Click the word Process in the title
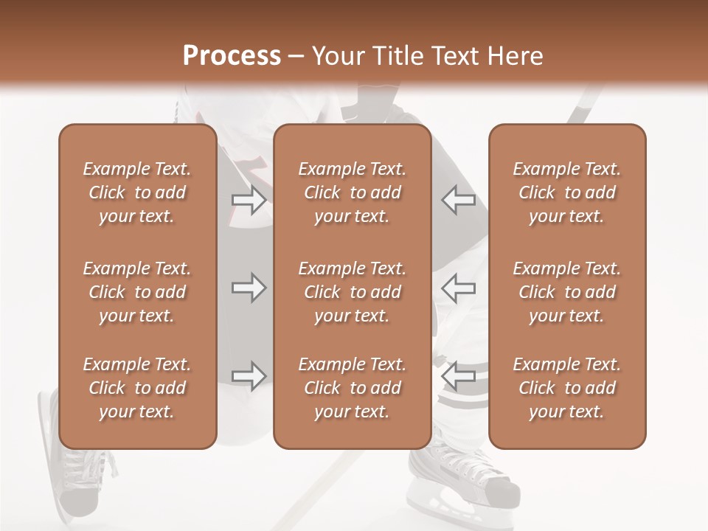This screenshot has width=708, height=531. [232, 55]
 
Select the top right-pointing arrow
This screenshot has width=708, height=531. [249, 200]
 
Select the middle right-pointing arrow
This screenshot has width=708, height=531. [249, 288]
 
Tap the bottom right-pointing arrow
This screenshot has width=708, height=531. [249, 375]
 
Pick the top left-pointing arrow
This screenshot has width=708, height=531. [458, 200]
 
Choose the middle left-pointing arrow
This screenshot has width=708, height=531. [458, 288]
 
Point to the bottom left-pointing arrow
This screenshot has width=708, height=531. [458, 375]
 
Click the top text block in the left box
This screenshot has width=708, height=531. [137, 192]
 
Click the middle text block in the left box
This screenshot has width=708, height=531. [137, 292]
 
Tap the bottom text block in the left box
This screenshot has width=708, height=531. [137, 388]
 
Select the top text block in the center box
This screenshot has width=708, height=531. [352, 192]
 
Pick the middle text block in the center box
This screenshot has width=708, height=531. [352, 292]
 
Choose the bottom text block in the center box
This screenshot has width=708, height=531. [352, 388]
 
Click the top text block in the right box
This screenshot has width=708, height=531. [567, 192]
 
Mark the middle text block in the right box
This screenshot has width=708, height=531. [567, 292]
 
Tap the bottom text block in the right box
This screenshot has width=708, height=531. [567, 388]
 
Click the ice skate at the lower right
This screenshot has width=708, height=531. [465, 476]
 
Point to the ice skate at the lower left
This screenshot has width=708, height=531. [74, 472]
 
